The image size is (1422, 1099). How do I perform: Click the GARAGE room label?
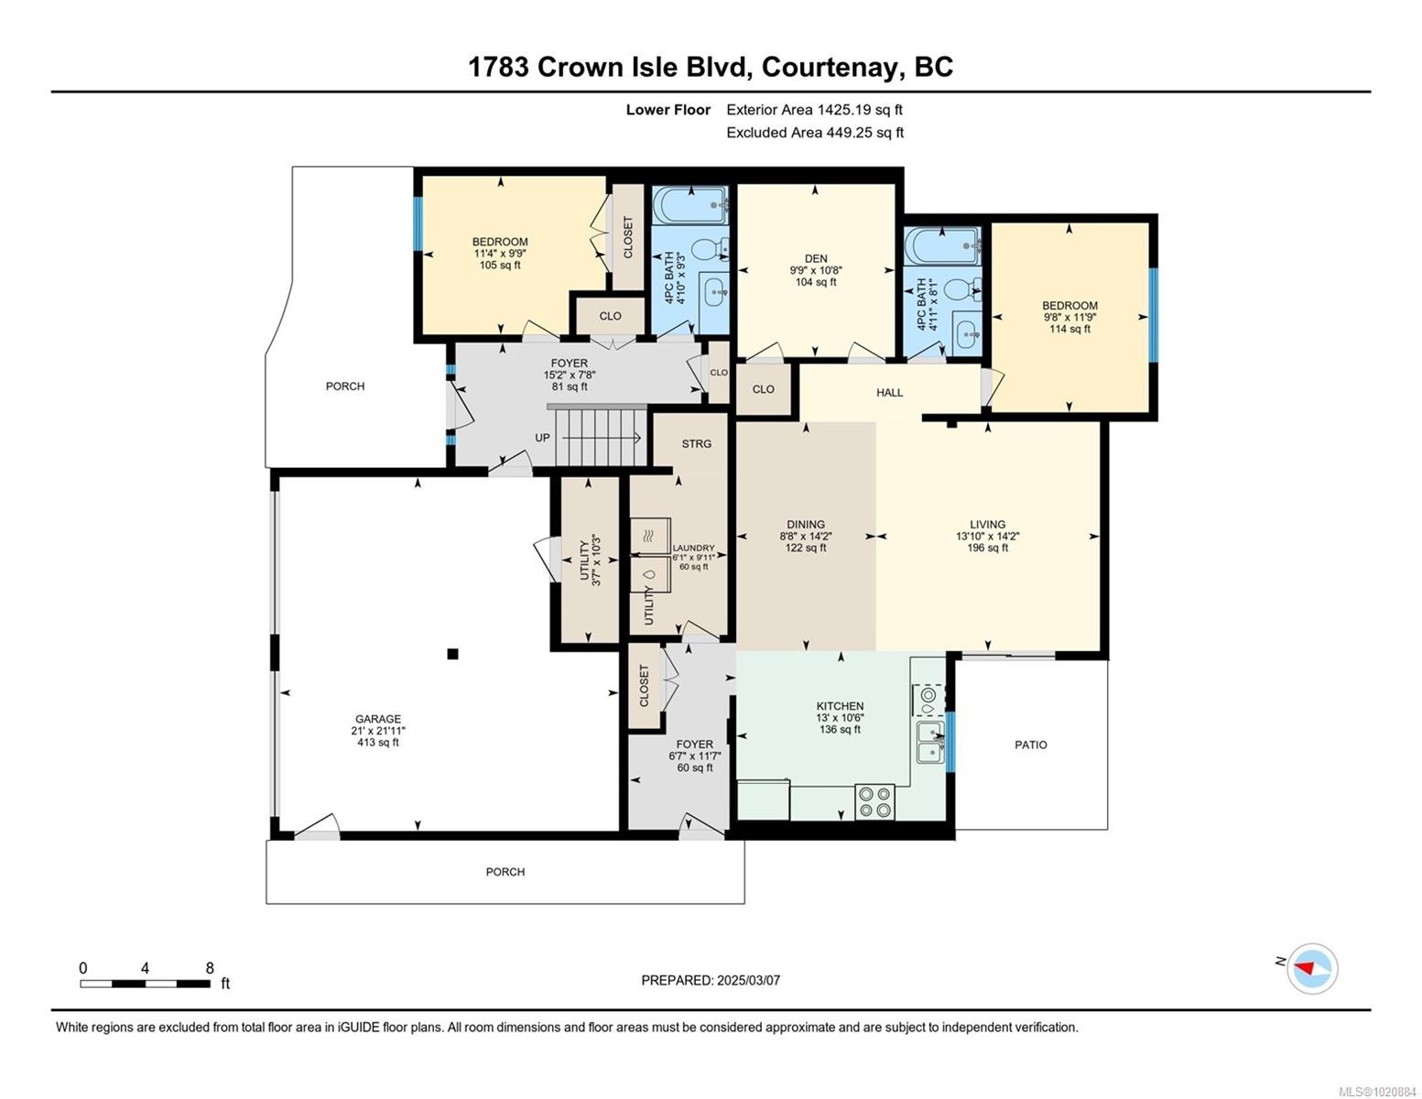[378, 719]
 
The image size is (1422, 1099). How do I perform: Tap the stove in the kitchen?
[874, 802]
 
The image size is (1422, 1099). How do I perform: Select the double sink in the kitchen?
[930, 742]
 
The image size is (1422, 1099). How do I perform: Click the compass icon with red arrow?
[1312, 968]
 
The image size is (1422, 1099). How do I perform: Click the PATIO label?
[1030, 745]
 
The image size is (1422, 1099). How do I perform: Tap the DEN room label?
[815, 259]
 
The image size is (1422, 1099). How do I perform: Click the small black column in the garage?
[452, 654]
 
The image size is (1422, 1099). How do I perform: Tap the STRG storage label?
[696, 443]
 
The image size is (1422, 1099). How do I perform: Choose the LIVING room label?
[987, 525]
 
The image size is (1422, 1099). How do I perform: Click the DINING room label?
[806, 525]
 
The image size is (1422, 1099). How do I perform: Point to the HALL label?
[889, 392]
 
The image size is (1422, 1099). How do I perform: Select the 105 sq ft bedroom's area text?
[500, 266]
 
